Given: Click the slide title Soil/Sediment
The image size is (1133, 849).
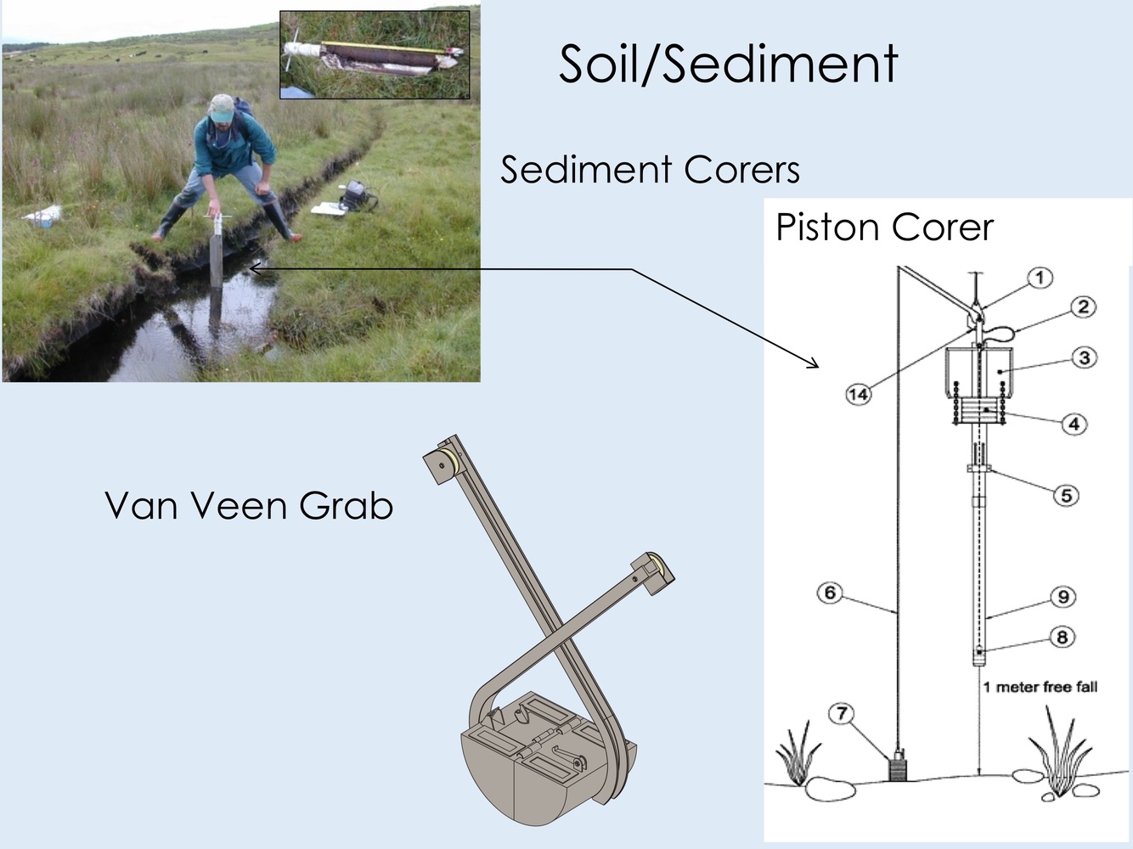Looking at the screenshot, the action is click(x=728, y=64).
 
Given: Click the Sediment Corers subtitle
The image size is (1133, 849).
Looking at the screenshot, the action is click(x=650, y=170).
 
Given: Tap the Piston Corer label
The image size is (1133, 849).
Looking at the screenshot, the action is click(x=884, y=228).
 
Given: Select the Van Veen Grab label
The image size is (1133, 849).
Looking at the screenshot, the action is click(x=249, y=506).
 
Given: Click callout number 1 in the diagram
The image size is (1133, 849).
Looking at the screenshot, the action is click(x=1040, y=278).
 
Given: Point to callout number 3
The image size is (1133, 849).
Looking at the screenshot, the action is click(x=1084, y=357).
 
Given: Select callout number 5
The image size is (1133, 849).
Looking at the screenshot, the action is click(x=1067, y=495).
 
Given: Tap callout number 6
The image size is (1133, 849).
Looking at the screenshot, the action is click(x=830, y=593).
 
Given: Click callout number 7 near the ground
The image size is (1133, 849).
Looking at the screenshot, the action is click(x=842, y=713).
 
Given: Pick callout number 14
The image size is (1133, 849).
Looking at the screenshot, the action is click(x=858, y=394).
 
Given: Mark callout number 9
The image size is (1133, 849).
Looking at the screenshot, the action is click(x=1063, y=597).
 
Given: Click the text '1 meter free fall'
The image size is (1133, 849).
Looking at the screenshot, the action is click(x=1040, y=687).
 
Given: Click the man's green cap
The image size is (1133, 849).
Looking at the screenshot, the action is click(x=222, y=107).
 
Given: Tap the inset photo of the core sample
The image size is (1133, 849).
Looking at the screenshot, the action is click(x=375, y=54).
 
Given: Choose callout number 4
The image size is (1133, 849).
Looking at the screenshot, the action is click(x=1074, y=423).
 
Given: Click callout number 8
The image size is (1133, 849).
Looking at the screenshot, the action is click(x=1062, y=637).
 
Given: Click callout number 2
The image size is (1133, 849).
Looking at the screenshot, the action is click(x=1083, y=306).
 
